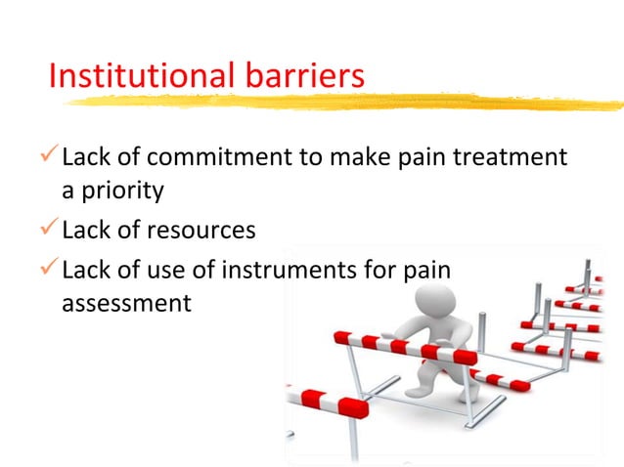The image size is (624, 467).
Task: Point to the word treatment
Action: click(x=512, y=156)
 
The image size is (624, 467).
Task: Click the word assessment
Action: click(x=126, y=303)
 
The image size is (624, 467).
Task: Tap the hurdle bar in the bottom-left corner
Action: click(x=327, y=400)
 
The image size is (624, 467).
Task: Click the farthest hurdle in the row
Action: click(x=598, y=277)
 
